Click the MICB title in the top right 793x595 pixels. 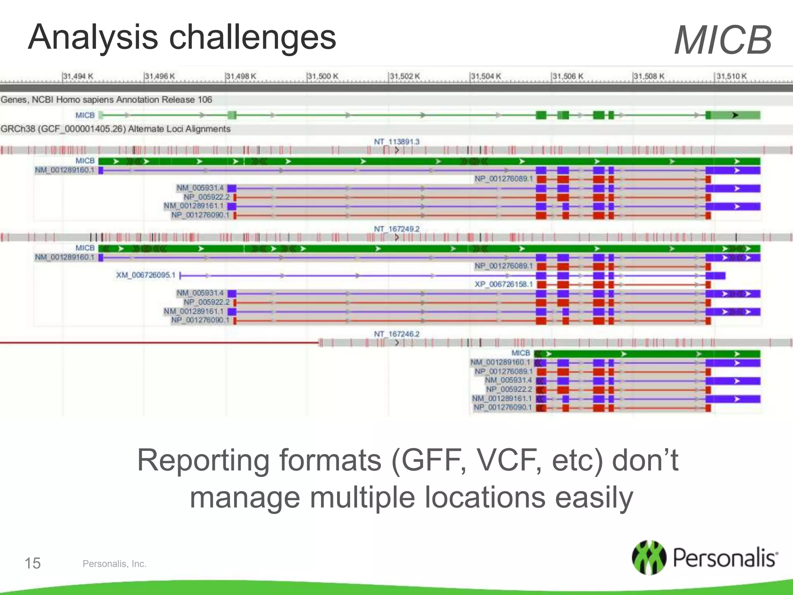pyautogui.click(x=723, y=40)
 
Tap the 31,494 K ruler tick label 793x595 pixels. pyautogui.click(x=79, y=76)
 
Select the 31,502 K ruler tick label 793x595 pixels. pyautogui.click(x=405, y=76)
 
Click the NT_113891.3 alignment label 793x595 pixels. pyautogui.click(x=396, y=142)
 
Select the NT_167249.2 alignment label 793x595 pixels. pyautogui.click(x=396, y=229)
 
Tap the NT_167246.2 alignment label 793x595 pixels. pyautogui.click(x=396, y=334)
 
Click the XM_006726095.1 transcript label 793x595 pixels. pyautogui.click(x=146, y=275)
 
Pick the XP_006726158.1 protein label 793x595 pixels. pyautogui.click(x=504, y=284)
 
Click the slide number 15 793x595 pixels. pyautogui.click(x=33, y=563)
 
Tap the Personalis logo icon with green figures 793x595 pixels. pyautogui.click(x=649, y=557)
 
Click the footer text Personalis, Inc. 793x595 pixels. pyautogui.click(x=115, y=564)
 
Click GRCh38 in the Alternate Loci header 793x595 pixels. pyautogui.click(x=18, y=129)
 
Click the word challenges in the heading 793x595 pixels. pyautogui.click(x=252, y=38)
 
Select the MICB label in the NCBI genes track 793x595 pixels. pyautogui.click(x=85, y=115)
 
